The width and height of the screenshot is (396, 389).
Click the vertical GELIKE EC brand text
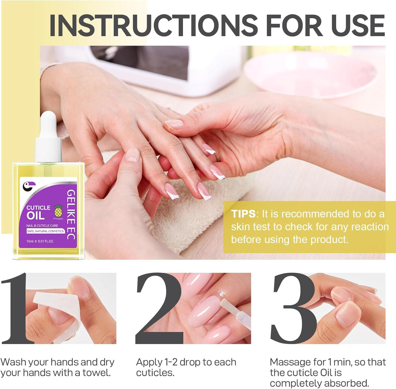coord(71,214)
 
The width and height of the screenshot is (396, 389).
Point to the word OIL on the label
coord(35,216)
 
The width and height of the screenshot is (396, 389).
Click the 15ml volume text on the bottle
coord(30,241)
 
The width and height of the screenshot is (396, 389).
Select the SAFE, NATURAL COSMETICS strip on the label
coord(45,231)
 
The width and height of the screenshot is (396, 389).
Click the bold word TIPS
coord(243,214)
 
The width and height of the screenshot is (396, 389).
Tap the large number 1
coord(16,309)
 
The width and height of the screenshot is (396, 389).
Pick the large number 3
coord(293,309)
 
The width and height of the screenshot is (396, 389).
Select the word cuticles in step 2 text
coord(155,373)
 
